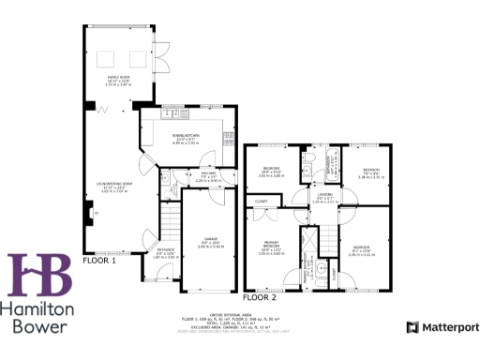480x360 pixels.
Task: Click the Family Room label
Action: [116, 81]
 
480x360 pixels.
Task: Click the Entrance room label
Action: [164, 254]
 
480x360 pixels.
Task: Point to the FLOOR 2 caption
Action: [260, 296]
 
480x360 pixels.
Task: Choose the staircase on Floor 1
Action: [169, 226]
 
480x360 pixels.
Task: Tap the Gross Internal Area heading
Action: [239, 315]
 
